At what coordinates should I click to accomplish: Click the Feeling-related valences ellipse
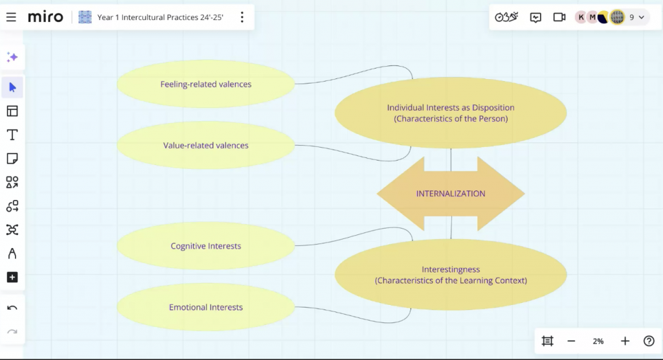206,84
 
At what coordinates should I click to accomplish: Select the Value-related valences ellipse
206,145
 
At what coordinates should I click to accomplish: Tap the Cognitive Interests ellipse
206,246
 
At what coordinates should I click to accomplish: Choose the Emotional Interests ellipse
206,307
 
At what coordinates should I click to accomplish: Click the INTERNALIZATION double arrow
451,194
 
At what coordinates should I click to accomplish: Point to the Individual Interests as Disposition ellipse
451,113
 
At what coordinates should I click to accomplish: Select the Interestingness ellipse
451,275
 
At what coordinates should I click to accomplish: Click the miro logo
45,17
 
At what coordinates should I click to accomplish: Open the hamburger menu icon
11,17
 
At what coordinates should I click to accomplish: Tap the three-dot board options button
242,17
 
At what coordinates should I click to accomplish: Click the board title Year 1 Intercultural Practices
161,17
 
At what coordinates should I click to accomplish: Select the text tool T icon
12,135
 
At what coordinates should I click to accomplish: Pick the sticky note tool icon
12,159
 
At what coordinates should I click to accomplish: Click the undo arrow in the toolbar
12,308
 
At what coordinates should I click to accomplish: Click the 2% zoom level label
598,341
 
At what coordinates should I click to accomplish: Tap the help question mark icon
649,341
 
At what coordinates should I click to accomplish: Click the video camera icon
559,17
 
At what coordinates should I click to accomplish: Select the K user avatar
581,17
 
